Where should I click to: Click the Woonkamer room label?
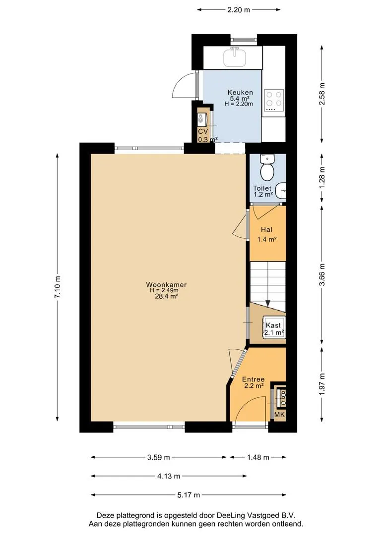(x=166, y=284)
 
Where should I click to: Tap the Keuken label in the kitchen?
(x=240, y=92)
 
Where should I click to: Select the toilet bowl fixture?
(x=267, y=168)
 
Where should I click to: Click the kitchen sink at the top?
(x=235, y=57)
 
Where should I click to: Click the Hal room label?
(x=266, y=230)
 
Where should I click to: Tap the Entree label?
(x=253, y=379)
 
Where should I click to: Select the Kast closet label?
(x=273, y=325)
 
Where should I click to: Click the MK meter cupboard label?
(x=280, y=415)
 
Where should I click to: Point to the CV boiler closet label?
(x=203, y=131)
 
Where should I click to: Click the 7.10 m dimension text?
(x=58, y=287)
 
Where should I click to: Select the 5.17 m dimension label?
(x=189, y=495)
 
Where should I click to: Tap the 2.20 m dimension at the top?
(x=239, y=10)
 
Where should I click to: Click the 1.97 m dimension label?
(x=321, y=384)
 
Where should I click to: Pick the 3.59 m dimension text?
(x=159, y=457)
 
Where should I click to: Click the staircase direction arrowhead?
(x=268, y=303)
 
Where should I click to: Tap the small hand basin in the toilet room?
(x=281, y=190)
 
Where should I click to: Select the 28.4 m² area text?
(x=166, y=296)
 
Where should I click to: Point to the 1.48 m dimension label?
(x=258, y=457)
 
